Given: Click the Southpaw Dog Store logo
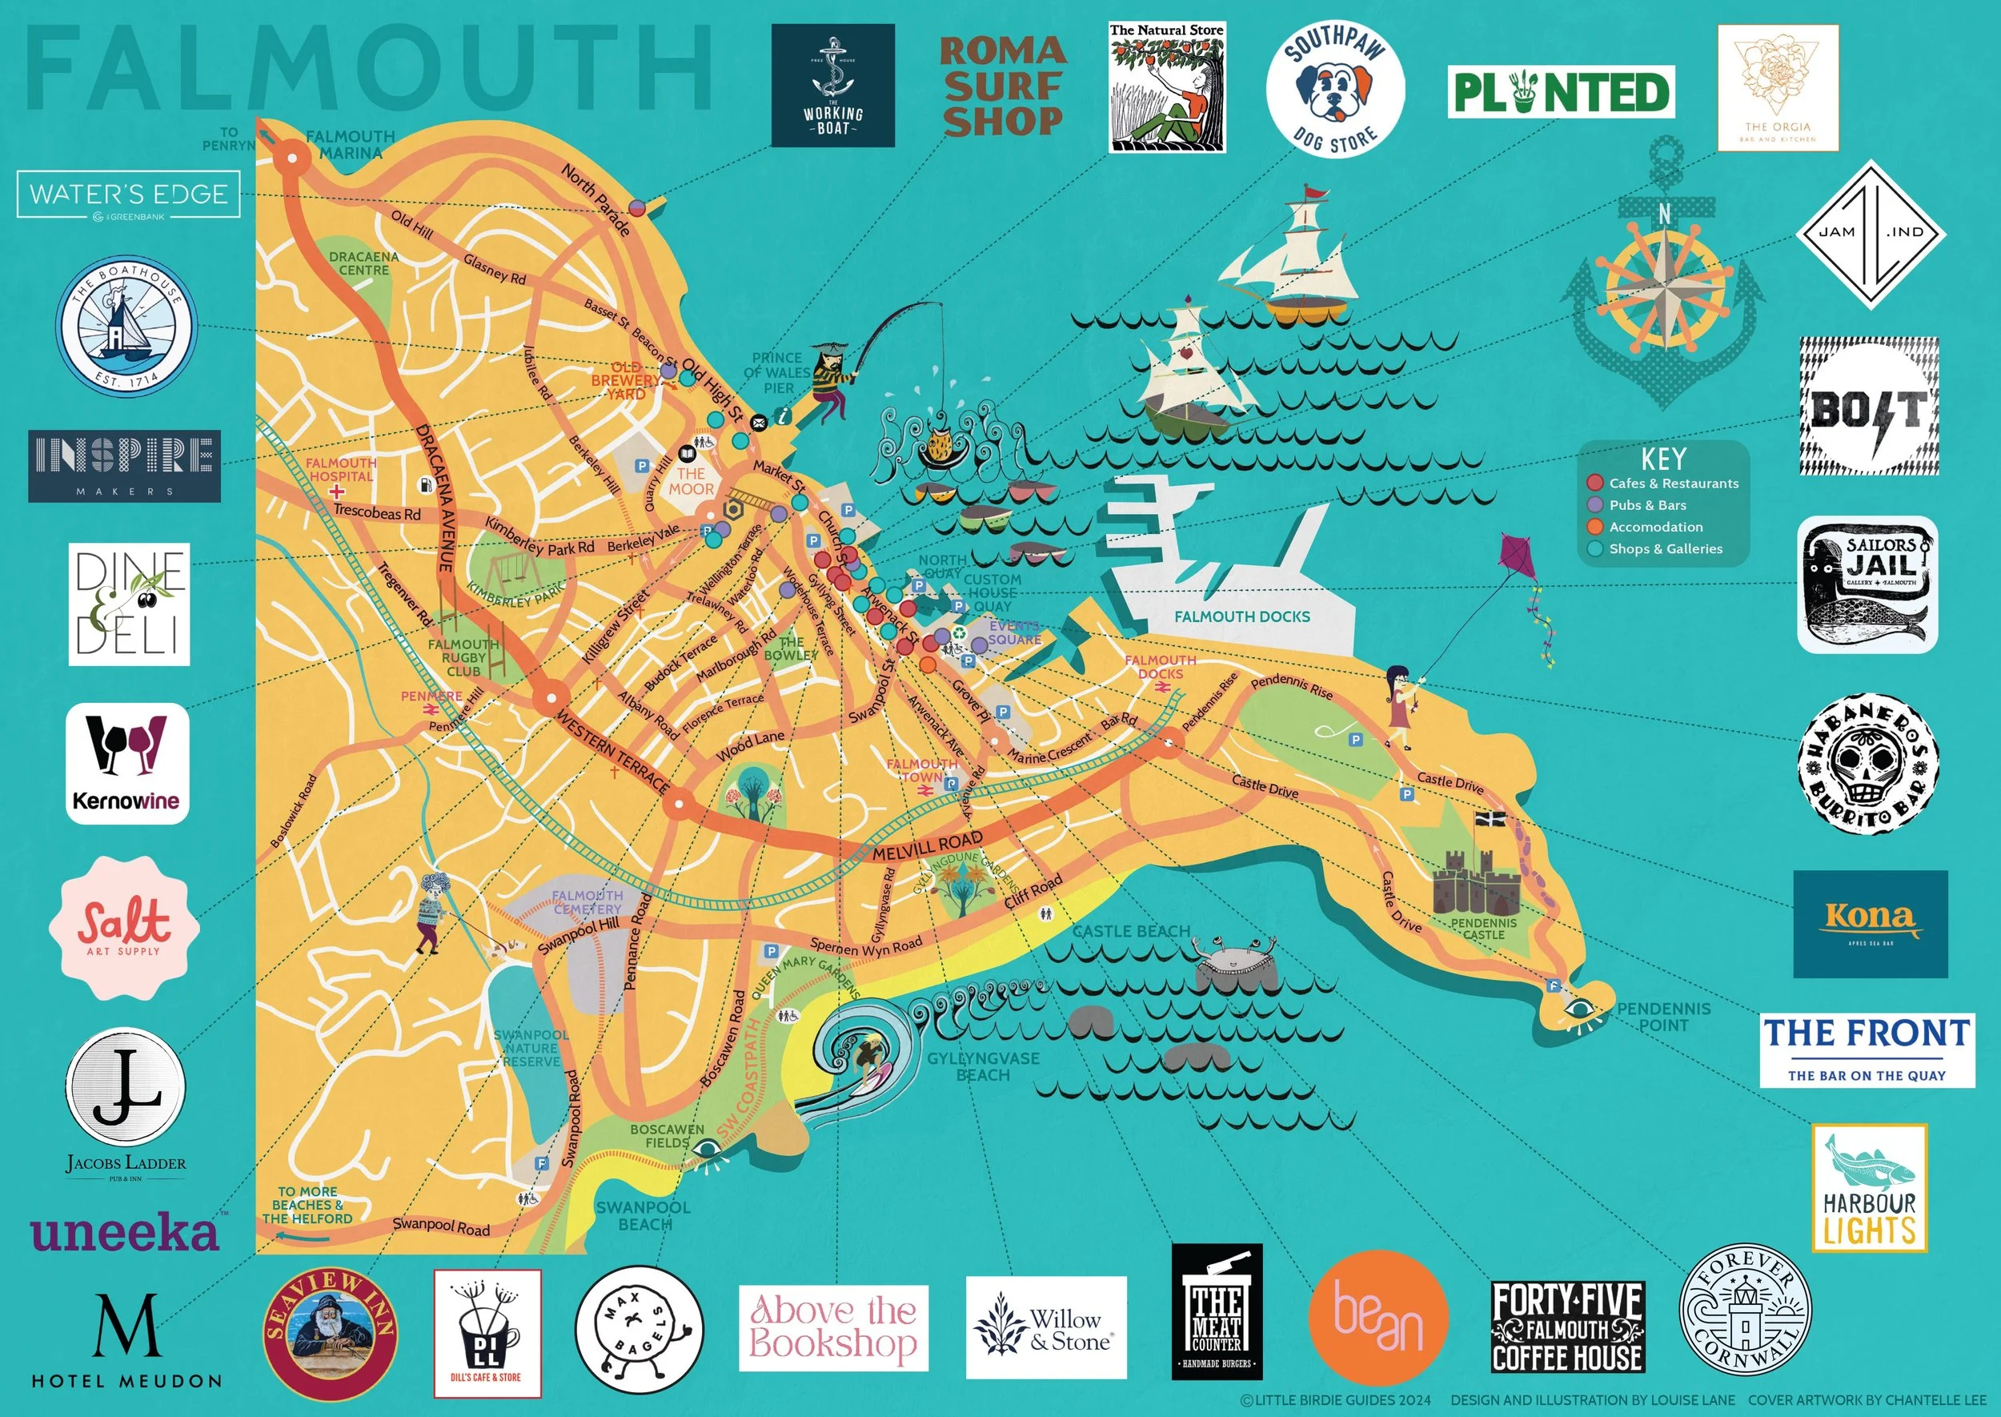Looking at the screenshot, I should [x=1334, y=90].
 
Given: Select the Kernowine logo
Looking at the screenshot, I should [x=127, y=764].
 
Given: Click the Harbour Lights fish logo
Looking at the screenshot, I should [x=1869, y=1187].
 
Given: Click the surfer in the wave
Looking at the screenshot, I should [x=867, y=1058].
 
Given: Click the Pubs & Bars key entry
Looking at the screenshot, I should [x=1647, y=505].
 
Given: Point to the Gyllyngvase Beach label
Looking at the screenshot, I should [x=983, y=1066].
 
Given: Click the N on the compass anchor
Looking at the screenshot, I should [x=1664, y=214].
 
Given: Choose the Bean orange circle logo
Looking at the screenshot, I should [x=1378, y=1317].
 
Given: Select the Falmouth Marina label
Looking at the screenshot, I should [x=350, y=144].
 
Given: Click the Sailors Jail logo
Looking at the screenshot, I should [x=1867, y=584].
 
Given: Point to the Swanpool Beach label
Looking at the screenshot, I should [x=644, y=1215].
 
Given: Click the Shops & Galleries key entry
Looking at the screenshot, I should [x=1664, y=549].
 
